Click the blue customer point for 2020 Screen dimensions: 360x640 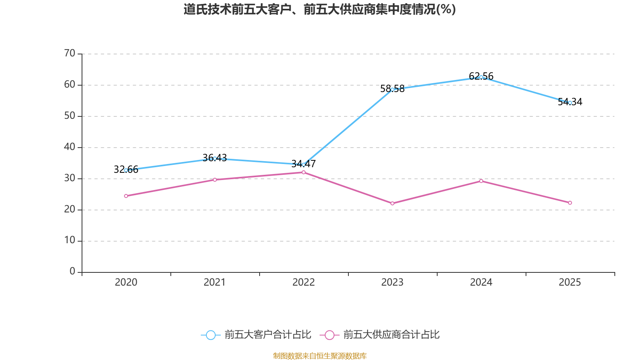click(x=126, y=170)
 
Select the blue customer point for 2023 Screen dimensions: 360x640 click(x=392, y=89)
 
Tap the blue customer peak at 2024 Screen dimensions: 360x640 click(x=481, y=77)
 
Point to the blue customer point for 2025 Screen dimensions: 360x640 click(x=570, y=103)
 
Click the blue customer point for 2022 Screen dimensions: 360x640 click(x=304, y=164)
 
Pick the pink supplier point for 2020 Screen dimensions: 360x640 click(x=126, y=196)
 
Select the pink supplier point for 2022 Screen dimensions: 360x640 click(x=304, y=172)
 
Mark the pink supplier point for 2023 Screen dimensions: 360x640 click(x=392, y=204)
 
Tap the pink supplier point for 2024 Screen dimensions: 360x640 click(x=481, y=181)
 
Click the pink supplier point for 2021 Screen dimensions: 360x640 click(x=215, y=180)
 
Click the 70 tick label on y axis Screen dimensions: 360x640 click(x=70, y=53)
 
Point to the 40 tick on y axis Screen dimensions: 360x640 click(x=70, y=147)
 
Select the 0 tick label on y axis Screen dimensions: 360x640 click(x=72, y=272)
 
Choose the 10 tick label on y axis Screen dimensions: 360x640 click(x=70, y=240)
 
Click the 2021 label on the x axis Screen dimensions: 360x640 click(x=215, y=282)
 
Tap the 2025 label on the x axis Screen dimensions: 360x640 click(x=570, y=282)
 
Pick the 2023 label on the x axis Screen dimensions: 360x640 click(x=392, y=282)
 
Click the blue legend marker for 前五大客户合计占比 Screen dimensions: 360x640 click(x=210, y=335)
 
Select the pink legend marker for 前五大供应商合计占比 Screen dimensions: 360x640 click(x=330, y=335)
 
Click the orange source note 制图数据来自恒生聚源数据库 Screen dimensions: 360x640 click(x=320, y=356)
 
